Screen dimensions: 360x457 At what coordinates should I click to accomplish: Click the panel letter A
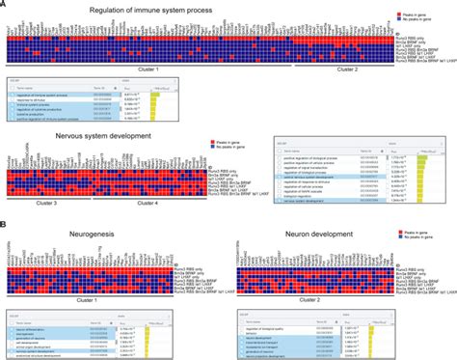4,5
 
